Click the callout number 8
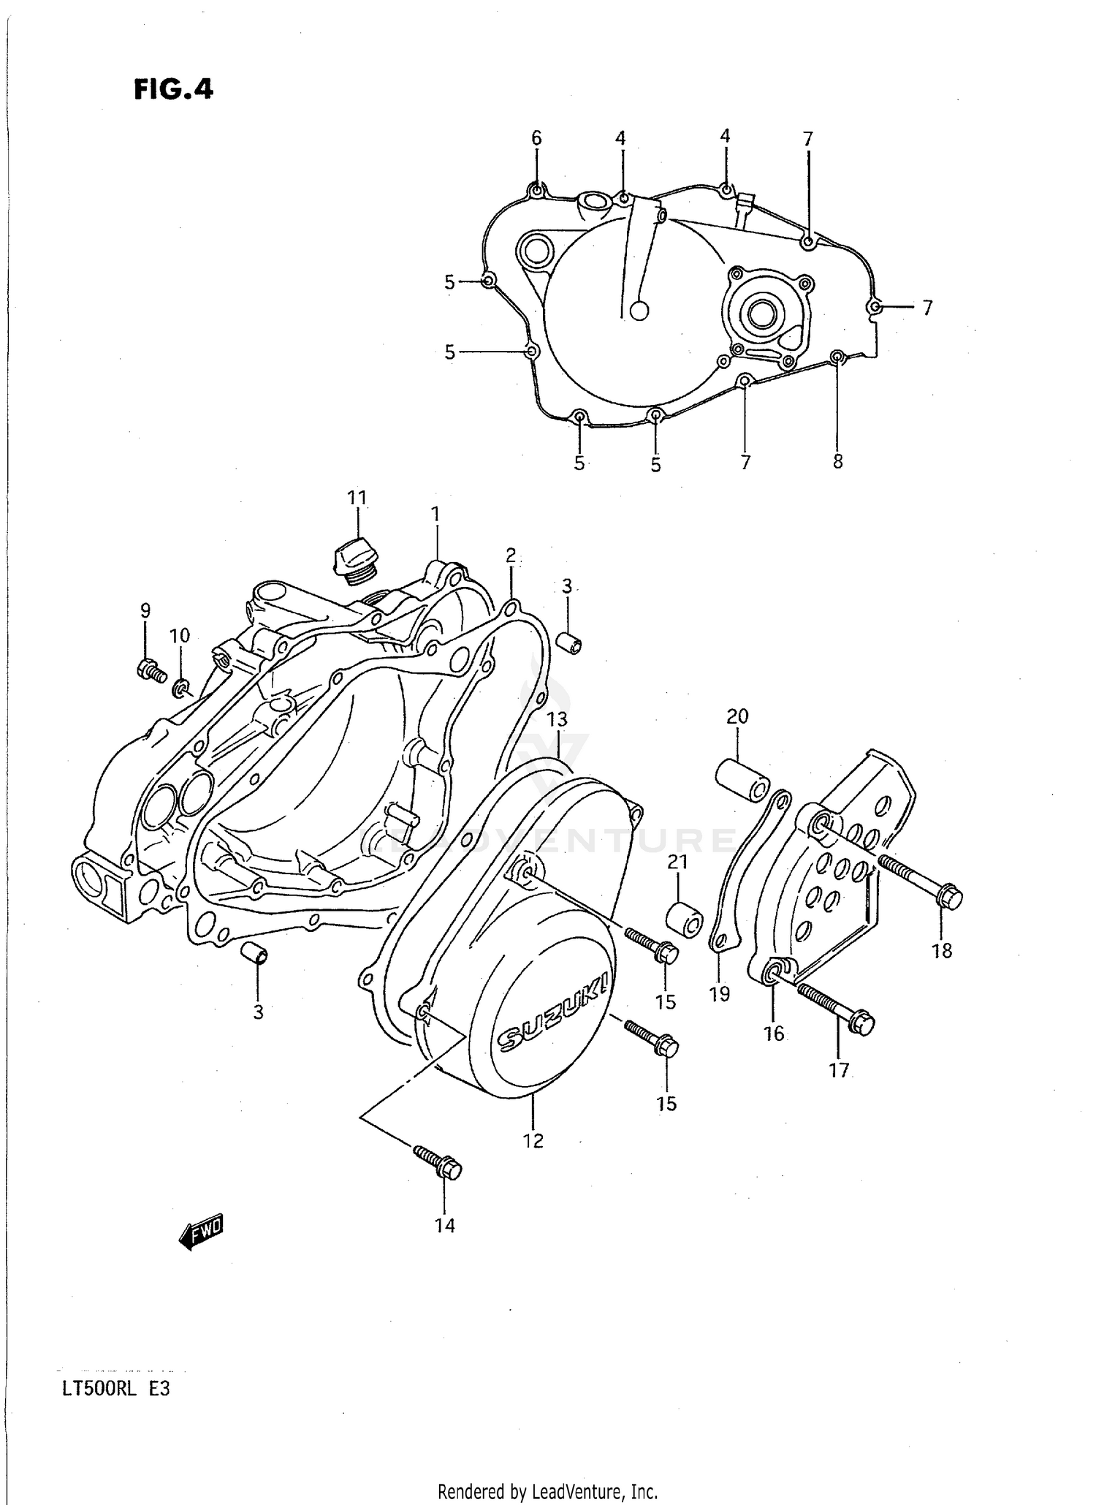pyautogui.click(x=837, y=462)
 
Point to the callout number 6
pyautogui.click(x=536, y=137)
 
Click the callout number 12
pyautogui.click(x=533, y=1140)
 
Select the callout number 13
pyautogui.click(x=557, y=719)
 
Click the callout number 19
pyautogui.click(x=720, y=993)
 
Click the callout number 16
pyautogui.click(x=773, y=1033)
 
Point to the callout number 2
pyautogui.click(x=510, y=556)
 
